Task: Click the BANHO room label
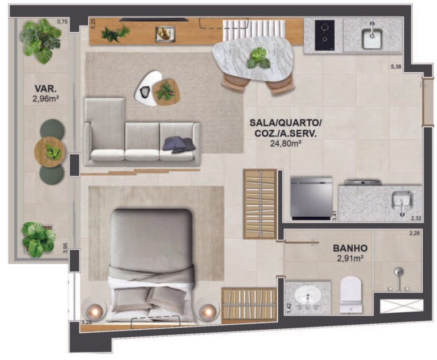[x=350, y=248]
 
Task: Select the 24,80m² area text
[x=285, y=144]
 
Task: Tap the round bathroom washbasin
[x=309, y=297]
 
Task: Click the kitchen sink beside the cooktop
[x=373, y=36]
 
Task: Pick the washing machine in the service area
[x=311, y=197]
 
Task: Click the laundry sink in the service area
[x=402, y=201]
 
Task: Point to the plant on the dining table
[x=258, y=57]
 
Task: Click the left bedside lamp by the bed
[x=94, y=311]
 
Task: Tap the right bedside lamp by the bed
[x=209, y=311]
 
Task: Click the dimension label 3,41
[x=335, y=216]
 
